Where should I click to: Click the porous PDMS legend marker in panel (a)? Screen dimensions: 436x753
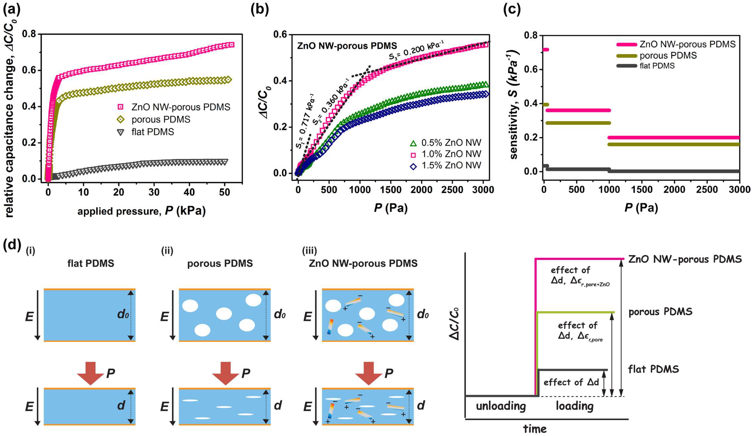(x=121, y=119)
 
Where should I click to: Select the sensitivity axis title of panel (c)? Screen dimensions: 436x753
(x=514, y=105)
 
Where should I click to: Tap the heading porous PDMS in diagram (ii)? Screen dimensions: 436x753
(x=220, y=263)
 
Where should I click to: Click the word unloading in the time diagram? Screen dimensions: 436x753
(x=501, y=406)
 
